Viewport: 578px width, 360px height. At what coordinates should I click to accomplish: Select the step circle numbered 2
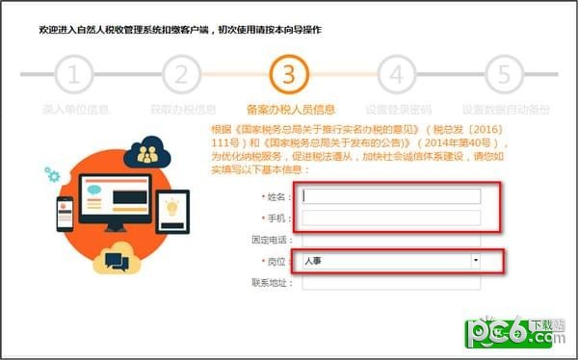pos(181,73)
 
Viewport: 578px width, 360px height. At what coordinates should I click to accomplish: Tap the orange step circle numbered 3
pos(288,73)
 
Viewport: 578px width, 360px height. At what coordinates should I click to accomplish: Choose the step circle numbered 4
pos(395,73)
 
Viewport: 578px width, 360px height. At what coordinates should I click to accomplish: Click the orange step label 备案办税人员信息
pos(289,109)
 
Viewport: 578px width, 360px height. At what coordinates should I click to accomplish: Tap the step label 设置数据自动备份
pos(501,109)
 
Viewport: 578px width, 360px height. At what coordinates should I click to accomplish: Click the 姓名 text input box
pos(391,196)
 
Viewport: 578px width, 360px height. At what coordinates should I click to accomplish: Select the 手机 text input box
pos(391,218)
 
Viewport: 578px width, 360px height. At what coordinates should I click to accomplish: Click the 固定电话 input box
pos(391,240)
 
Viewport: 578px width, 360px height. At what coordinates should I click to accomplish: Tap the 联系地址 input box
pos(391,283)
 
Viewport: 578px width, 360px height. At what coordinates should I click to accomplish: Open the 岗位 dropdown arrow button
pos(475,261)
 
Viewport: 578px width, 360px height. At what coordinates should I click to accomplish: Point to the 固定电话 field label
pos(272,240)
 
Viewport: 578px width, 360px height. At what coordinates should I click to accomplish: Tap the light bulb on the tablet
pos(173,208)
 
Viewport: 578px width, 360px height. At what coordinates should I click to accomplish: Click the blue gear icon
pos(51,174)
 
